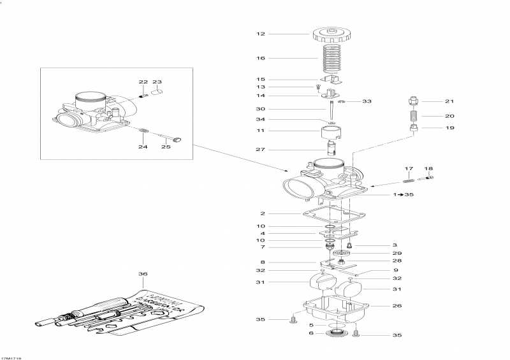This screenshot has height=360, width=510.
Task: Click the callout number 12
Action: (x=260, y=34)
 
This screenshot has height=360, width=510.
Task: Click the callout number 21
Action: (x=449, y=102)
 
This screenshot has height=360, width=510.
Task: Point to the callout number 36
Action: (x=142, y=274)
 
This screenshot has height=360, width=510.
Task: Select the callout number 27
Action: (x=260, y=150)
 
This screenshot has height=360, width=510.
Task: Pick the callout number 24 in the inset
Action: (x=143, y=147)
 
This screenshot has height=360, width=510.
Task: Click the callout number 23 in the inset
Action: (x=157, y=82)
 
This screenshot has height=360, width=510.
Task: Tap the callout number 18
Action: (x=429, y=169)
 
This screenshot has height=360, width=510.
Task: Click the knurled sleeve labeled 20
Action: (x=414, y=117)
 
